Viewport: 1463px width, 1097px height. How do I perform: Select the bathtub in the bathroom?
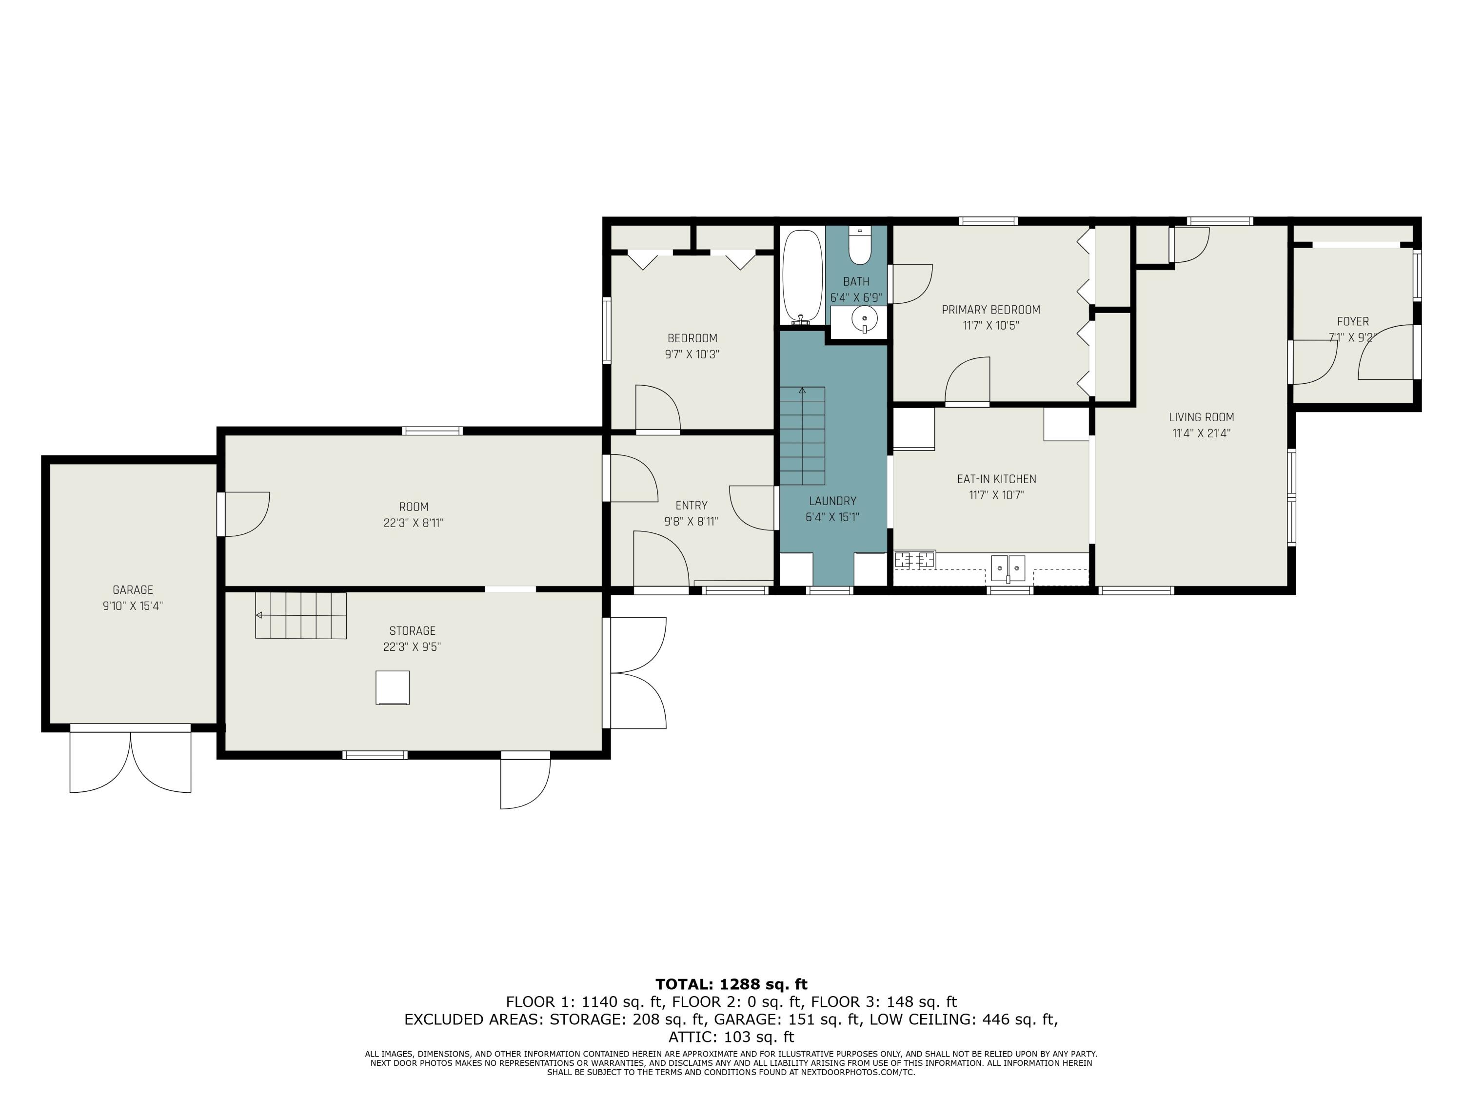(802, 277)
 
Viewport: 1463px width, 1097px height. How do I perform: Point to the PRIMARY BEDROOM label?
(991, 310)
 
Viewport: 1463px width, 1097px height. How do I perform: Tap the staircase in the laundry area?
(802, 436)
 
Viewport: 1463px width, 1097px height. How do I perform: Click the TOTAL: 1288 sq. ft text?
(731, 984)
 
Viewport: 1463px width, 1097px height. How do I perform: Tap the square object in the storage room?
(392, 687)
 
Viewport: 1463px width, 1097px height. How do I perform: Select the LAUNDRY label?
(832, 501)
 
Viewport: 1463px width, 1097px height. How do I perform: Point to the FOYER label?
(1353, 321)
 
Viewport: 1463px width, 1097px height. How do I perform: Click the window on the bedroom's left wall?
(607, 331)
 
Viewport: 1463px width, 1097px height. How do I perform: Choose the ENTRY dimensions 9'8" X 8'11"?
(691, 522)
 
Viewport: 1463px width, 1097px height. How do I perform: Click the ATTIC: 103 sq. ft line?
(731, 1037)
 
